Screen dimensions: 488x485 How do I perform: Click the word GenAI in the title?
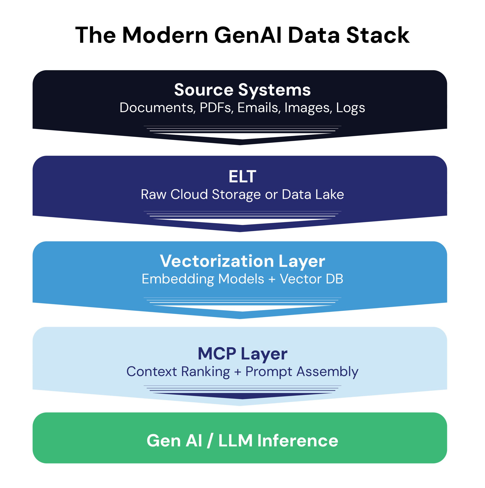click(x=248, y=35)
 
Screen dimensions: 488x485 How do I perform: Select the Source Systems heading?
click(x=242, y=90)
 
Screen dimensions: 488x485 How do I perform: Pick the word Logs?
click(x=350, y=108)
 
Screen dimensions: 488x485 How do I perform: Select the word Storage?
click(x=236, y=194)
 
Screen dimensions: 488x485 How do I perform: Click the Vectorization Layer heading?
click(x=242, y=261)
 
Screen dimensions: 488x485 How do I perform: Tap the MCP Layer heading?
click(x=242, y=354)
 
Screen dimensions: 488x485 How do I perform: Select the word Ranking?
click(x=205, y=372)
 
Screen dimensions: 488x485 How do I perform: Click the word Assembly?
click(x=327, y=372)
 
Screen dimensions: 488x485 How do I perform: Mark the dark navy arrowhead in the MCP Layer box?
click(x=242, y=396)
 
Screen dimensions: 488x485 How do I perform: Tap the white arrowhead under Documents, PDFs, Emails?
click(x=242, y=136)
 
